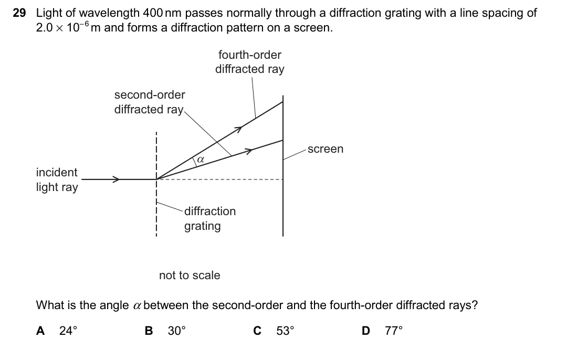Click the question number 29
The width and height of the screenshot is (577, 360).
coord(19,13)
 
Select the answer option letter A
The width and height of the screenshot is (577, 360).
coord(40,331)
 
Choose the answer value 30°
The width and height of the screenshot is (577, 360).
coord(176,331)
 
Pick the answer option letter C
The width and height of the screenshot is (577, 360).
coord(257,331)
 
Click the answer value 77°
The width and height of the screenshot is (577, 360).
coord(394,331)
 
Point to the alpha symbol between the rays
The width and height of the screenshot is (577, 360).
coord(201,160)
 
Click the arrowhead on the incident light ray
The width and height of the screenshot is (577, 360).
coord(116,179)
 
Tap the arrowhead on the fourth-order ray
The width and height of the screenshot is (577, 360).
coord(239,129)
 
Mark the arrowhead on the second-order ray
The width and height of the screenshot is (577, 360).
coord(249,151)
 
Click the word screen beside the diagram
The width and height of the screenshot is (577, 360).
coord(326,149)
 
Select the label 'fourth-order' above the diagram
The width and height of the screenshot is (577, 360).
coord(250,55)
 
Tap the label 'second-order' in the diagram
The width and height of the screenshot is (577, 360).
coord(150,94)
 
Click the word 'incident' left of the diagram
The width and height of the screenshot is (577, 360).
coord(57,172)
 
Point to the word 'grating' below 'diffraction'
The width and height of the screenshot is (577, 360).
coord(202,226)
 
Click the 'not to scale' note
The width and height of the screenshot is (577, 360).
coord(190,275)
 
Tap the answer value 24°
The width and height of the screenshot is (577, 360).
coord(68,331)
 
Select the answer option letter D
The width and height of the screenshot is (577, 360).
coord(366,331)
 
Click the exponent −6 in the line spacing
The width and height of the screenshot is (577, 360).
coord(85,24)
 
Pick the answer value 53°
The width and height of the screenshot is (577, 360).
coord(285,331)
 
